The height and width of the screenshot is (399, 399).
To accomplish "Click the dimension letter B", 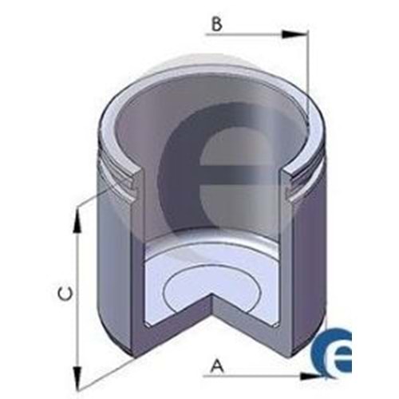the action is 217,24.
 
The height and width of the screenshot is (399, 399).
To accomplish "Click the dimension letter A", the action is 217,365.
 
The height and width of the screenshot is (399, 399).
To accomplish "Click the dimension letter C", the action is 65,293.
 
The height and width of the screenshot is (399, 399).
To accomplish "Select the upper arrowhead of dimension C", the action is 77,220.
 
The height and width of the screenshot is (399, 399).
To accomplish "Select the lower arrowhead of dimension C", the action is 77,377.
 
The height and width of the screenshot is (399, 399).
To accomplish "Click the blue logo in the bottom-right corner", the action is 332,350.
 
